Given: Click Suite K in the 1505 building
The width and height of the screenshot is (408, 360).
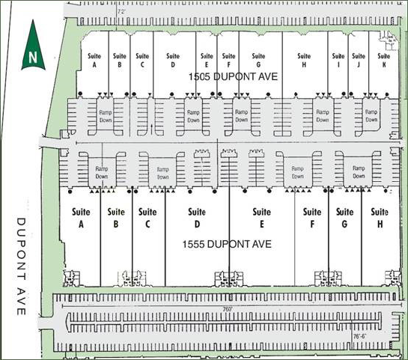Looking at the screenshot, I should click(383, 60).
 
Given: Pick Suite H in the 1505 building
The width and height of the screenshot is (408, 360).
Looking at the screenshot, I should click(302, 60).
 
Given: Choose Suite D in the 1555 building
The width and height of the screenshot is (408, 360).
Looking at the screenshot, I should click(197, 217).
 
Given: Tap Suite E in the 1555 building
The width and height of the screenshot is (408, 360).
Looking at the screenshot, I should click(261, 217).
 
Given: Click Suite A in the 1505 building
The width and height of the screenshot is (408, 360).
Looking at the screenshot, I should click(95, 60).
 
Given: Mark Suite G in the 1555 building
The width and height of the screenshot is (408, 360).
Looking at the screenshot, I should click(344, 217).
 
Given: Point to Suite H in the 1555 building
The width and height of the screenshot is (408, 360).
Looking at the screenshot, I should click(380, 217).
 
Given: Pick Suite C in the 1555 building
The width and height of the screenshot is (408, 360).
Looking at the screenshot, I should click(147, 217).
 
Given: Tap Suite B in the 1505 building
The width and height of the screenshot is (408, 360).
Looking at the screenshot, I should click(119, 60).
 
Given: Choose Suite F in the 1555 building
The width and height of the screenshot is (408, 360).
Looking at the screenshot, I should click(311, 217).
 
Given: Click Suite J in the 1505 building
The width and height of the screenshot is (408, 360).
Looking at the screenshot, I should click(359, 60).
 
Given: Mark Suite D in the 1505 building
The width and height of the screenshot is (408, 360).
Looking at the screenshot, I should click(172, 60).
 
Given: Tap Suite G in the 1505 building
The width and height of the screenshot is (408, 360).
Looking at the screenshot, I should click(258, 60).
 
